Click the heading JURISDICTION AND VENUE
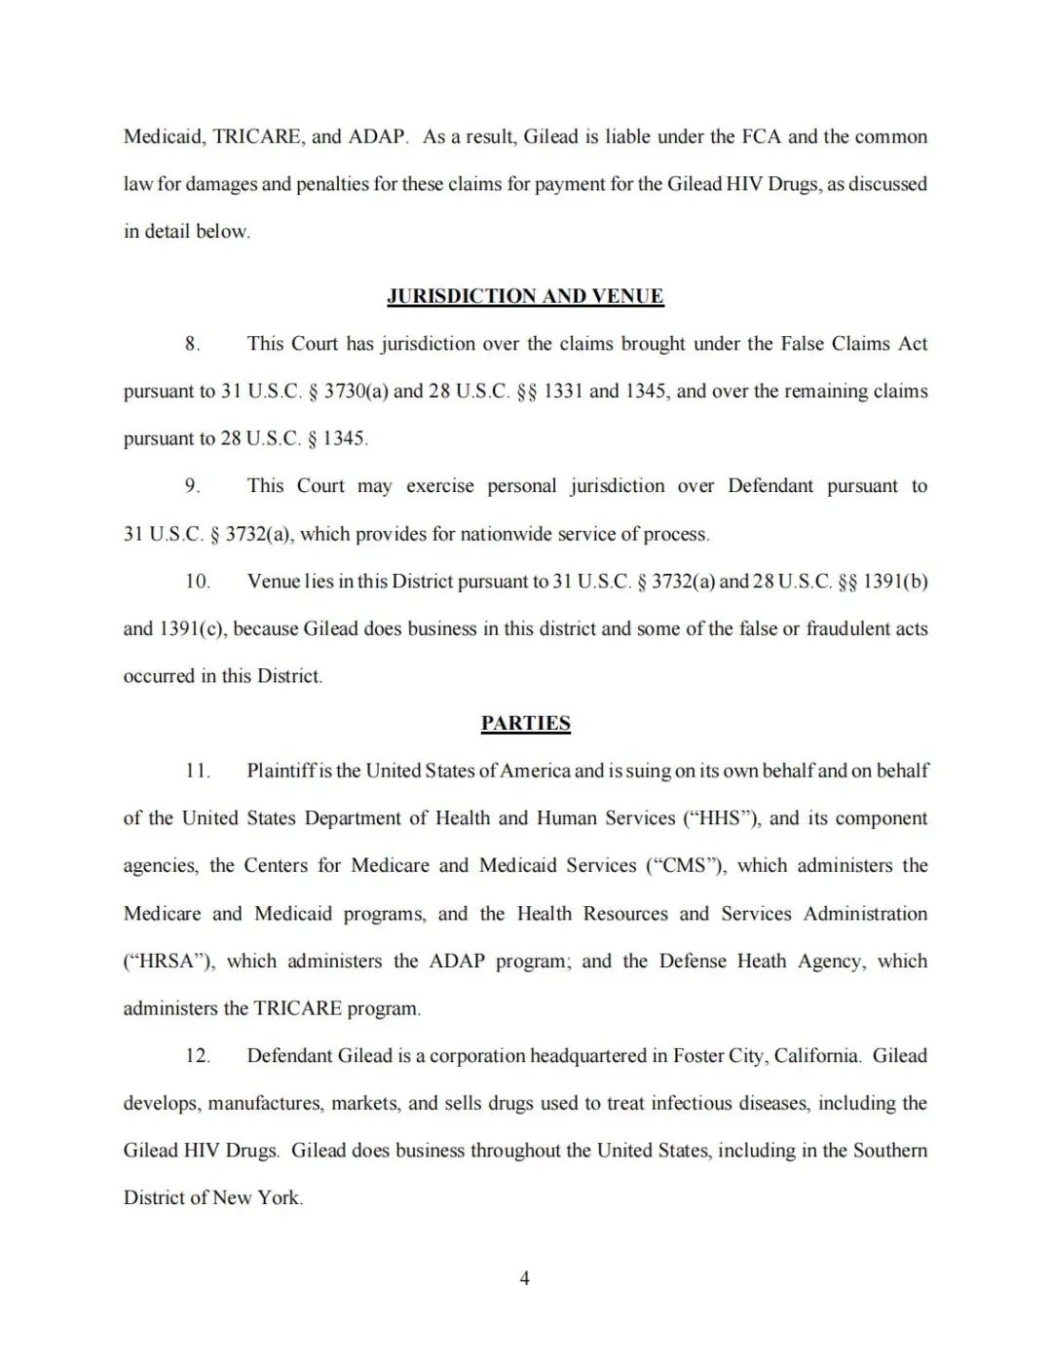525,296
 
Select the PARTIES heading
525,723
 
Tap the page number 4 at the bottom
525,1278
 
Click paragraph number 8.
192,344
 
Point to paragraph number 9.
192,486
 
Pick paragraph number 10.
198,582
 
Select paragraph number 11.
198,771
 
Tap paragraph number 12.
198,1056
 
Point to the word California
816,1056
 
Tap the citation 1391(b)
895,582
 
